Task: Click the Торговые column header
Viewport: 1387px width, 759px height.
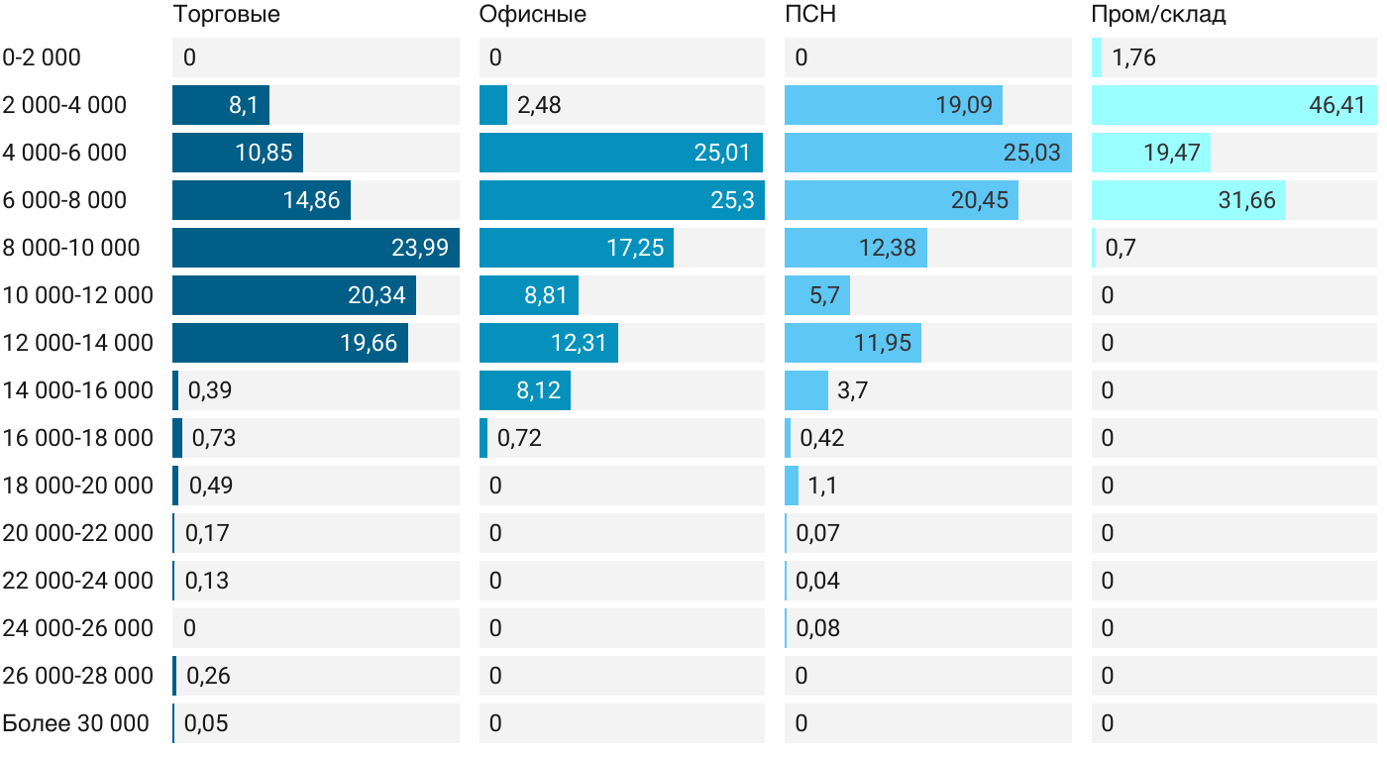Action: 226,15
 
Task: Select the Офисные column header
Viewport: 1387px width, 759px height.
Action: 532,15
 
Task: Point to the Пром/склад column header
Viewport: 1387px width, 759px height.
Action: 1158,15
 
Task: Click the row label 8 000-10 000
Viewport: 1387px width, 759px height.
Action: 71,248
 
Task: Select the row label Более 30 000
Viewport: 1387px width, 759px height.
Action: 76,723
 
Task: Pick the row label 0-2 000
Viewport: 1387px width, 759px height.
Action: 42,57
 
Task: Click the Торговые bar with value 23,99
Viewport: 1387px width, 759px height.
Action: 315,248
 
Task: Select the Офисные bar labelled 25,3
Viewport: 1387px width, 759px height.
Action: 621,200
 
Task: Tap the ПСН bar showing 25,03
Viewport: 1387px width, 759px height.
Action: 927,153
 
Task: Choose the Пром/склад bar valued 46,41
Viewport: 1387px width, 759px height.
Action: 1233,105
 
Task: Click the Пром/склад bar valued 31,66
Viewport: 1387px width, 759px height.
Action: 1188,200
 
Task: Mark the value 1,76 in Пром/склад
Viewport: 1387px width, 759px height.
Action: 1133,57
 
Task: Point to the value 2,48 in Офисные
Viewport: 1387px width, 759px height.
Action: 539,105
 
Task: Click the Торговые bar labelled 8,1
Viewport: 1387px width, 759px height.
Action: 221,105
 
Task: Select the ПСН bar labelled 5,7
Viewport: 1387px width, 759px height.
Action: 816,295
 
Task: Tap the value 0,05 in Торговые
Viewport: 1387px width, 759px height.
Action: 206,723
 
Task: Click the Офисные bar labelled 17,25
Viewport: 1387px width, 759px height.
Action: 576,248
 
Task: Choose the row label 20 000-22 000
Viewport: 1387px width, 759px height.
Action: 78,533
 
